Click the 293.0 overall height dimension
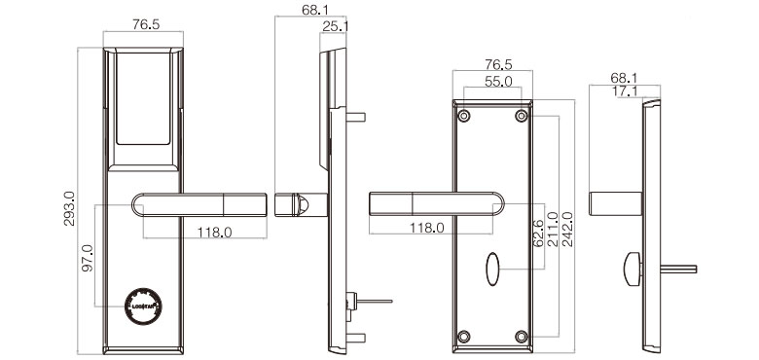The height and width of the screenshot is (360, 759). point(69,208)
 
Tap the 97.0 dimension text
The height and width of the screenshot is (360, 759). point(88,260)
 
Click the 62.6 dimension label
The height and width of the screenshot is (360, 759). point(536,233)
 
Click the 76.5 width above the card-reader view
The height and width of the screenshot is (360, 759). point(144,26)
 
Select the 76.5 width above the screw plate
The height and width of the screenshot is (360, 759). point(492,65)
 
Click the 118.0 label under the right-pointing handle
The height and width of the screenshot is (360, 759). point(214,232)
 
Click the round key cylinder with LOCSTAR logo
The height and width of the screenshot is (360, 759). point(142,305)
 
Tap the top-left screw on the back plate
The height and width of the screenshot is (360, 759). point(464,117)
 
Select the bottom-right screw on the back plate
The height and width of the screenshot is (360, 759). point(522,336)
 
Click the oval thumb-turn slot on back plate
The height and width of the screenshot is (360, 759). point(492,266)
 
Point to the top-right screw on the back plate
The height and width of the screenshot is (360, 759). point(522,117)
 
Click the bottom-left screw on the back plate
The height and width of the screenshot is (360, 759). point(464,336)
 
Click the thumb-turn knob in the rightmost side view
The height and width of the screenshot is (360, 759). point(632,264)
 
